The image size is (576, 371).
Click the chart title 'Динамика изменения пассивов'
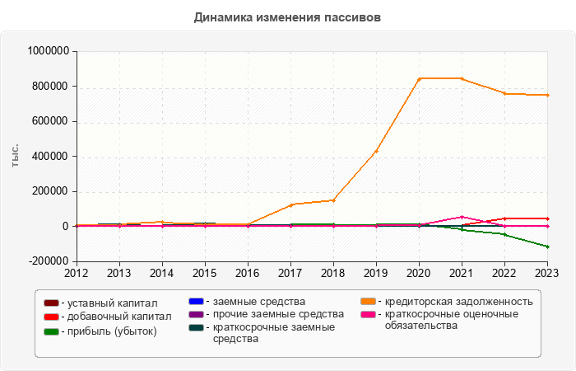click(x=288, y=17)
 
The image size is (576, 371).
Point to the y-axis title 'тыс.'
click(x=16, y=156)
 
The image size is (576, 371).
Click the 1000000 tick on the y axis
click(x=49, y=51)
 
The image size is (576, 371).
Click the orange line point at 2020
click(x=419, y=78)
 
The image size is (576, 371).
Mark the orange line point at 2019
click(x=376, y=151)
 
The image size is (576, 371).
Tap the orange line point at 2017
click(x=290, y=204)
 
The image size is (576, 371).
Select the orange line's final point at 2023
click(x=547, y=95)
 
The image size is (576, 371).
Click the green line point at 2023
click(x=547, y=247)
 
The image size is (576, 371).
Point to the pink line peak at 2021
click(x=462, y=217)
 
